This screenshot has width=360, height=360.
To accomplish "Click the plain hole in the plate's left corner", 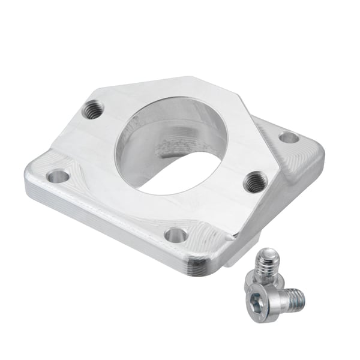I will click(58, 176).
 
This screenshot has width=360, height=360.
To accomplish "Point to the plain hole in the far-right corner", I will click(289, 137).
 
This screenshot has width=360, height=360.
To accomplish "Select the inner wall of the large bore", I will click(144, 150).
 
